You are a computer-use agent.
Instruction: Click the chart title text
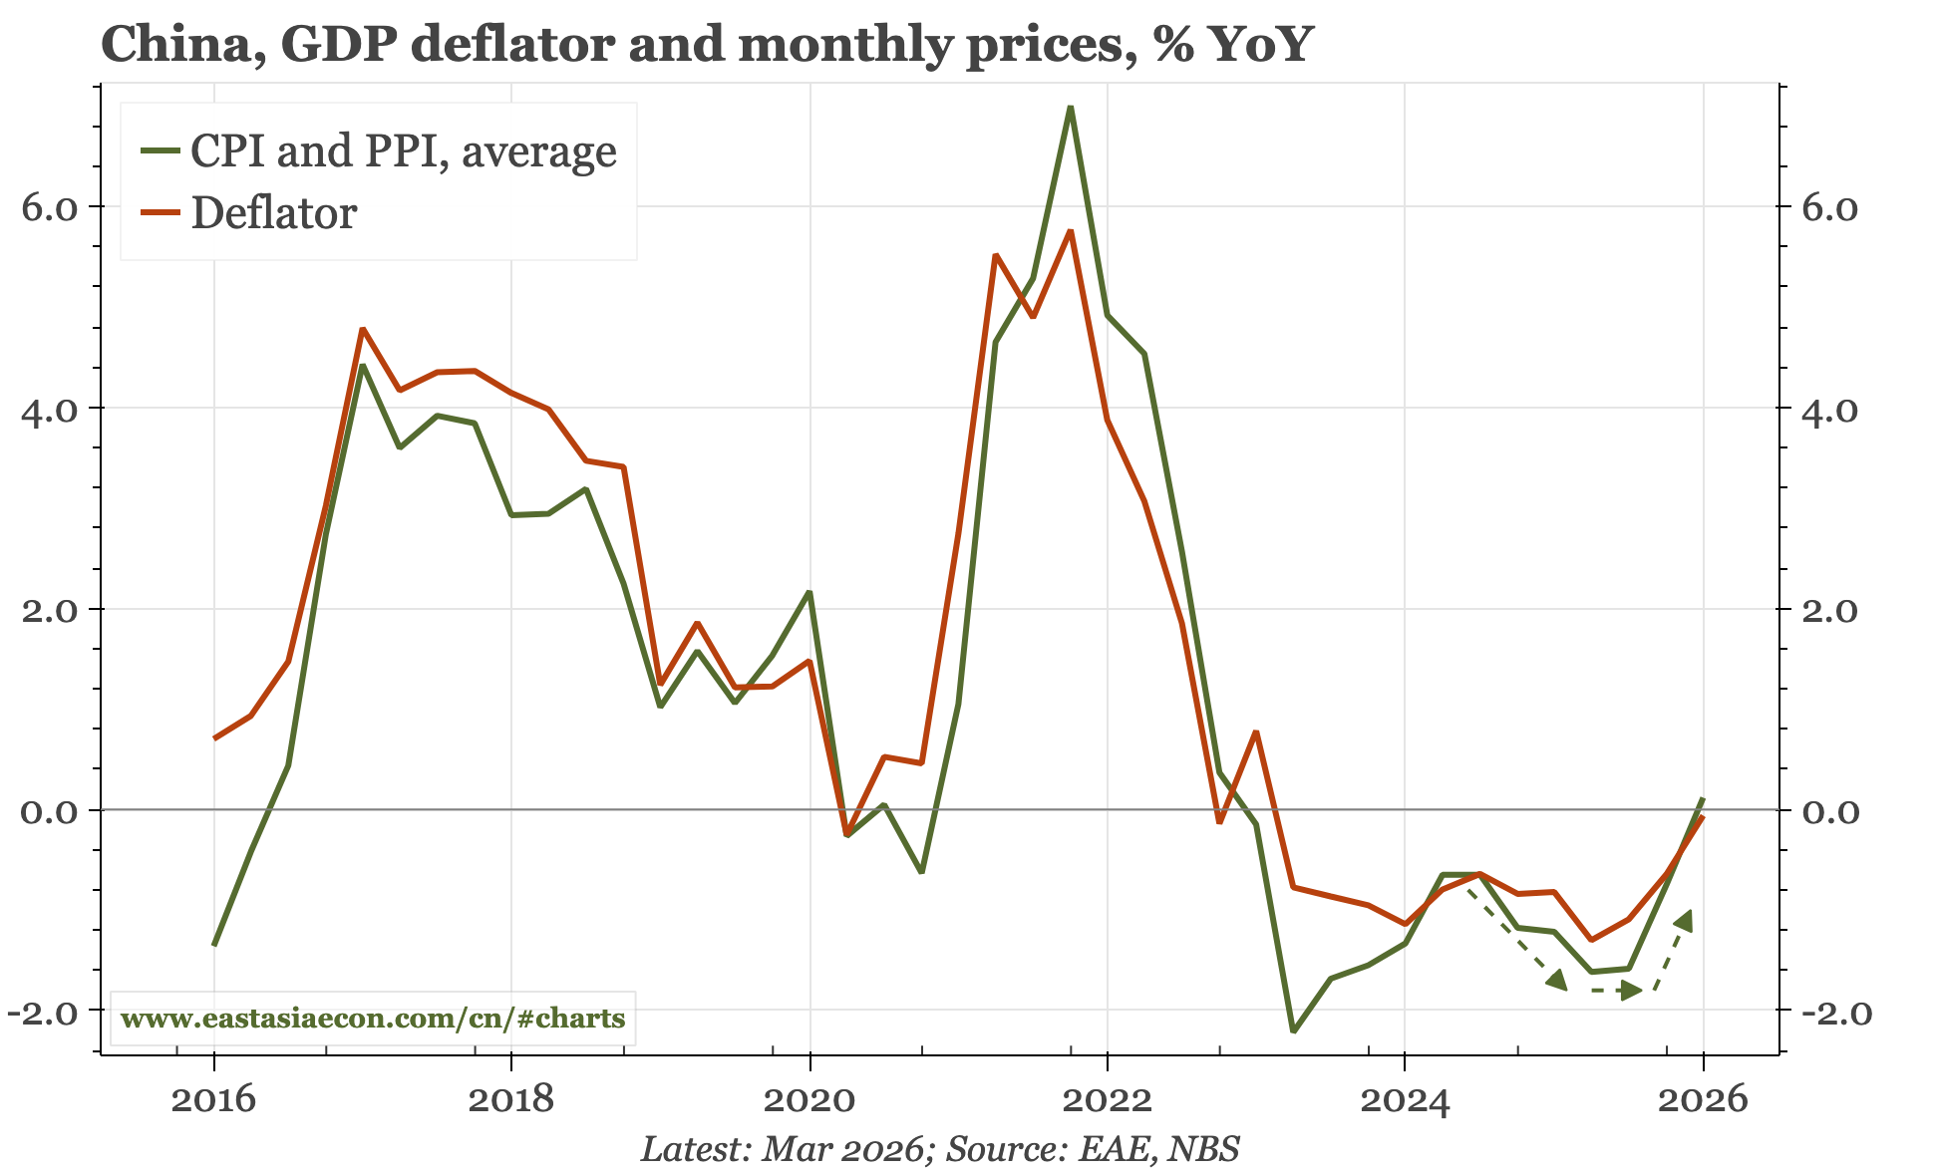[x=706, y=44]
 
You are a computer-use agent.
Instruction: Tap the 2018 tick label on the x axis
[x=510, y=1100]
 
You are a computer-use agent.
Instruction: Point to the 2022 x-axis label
[x=1107, y=1100]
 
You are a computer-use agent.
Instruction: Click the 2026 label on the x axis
[x=1702, y=1100]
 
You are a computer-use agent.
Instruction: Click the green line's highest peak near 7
[x=1070, y=108]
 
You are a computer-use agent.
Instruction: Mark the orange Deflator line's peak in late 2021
[x=1070, y=231]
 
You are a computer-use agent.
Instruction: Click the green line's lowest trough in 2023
[x=1293, y=1030]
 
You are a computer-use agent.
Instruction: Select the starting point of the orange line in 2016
[x=215, y=737]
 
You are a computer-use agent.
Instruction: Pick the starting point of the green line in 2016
[x=215, y=943]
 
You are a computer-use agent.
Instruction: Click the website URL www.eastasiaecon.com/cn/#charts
[x=373, y=1019]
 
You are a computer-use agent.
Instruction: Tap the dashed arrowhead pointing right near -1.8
[x=1631, y=990]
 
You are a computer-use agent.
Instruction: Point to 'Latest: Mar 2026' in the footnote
[x=781, y=1149]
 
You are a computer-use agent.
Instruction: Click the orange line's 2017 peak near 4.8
[x=363, y=330]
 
